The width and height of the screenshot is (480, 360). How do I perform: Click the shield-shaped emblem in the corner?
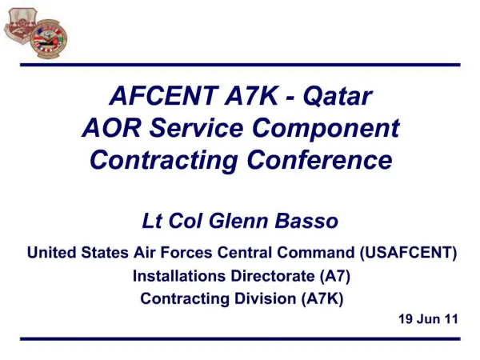(20, 26)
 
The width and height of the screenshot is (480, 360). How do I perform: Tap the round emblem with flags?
(49, 39)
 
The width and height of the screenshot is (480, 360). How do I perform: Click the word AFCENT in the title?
(164, 95)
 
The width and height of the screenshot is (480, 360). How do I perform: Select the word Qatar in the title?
(338, 96)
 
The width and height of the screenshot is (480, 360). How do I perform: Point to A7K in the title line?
(251, 95)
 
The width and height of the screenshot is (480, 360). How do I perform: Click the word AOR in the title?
(111, 128)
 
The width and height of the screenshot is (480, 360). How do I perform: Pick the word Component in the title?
(326, 129)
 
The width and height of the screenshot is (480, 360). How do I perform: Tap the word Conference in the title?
(319, 160)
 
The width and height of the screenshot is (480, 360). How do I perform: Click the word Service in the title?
(196, 128)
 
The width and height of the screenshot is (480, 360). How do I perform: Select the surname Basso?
(306, 221)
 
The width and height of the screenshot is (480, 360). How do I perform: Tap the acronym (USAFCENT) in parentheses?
(408, 253)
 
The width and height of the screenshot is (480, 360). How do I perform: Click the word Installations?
(179, 276)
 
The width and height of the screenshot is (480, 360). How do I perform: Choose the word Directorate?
(273, 276)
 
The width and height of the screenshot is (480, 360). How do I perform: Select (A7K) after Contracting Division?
(322, 298)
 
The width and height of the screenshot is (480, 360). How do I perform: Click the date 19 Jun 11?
(428, 319)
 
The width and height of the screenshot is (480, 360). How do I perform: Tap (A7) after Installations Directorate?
(335, 276)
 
